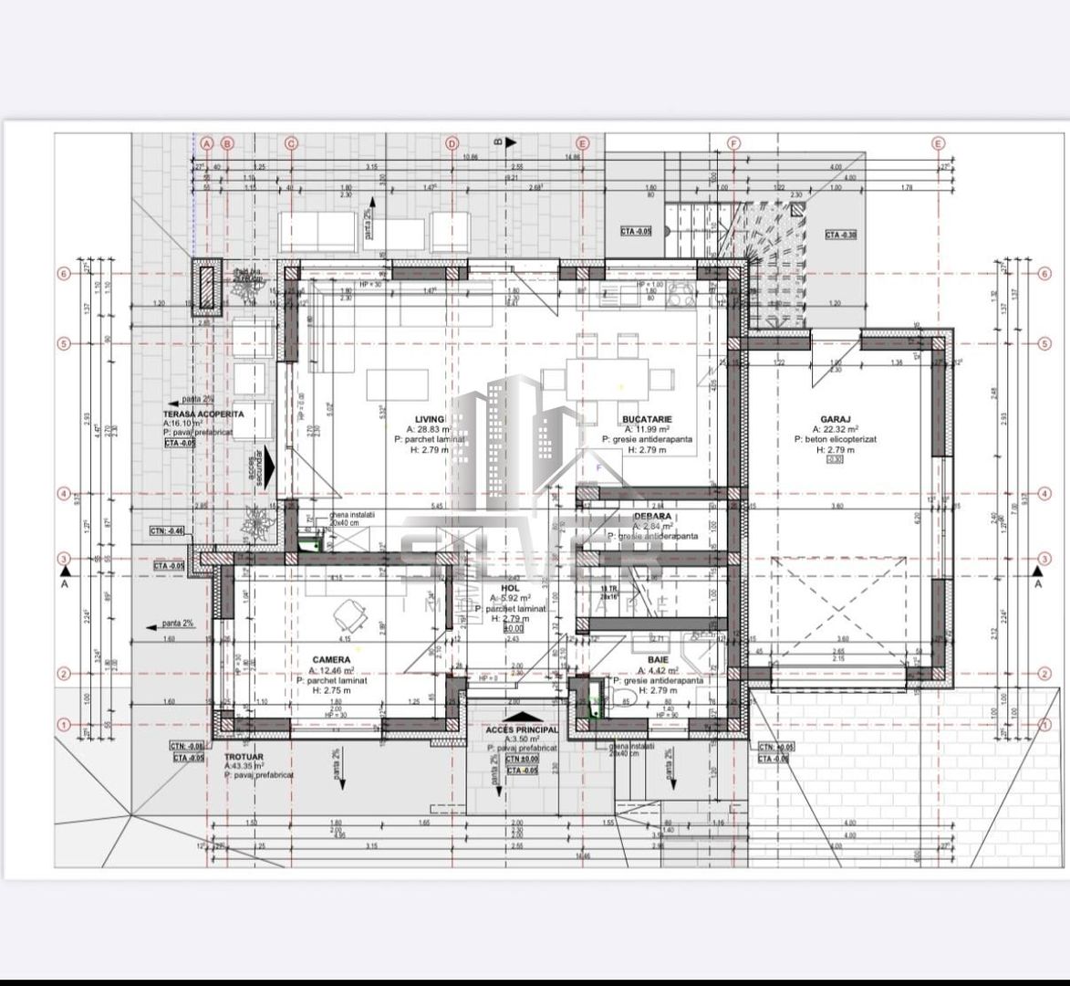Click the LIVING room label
[x=430, y=418]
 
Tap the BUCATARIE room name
[x=647, y=418]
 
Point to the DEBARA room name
[x=652, y=516]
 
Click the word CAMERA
[x=331, y=659]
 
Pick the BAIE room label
[x=658, y=659]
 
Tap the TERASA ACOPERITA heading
[x=203, y=414]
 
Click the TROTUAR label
[x=244, y=757]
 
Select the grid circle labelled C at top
[x=291, y=143]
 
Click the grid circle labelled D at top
[x=452, y=143]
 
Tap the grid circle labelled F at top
[x=734, y=143]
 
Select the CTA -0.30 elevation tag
[x=841, y=235]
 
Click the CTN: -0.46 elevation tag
[x=167, y=530]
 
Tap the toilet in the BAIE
[x=627, y=701]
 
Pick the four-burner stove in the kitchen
[x=679, y=293]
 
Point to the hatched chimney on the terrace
[x=207, y=287]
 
